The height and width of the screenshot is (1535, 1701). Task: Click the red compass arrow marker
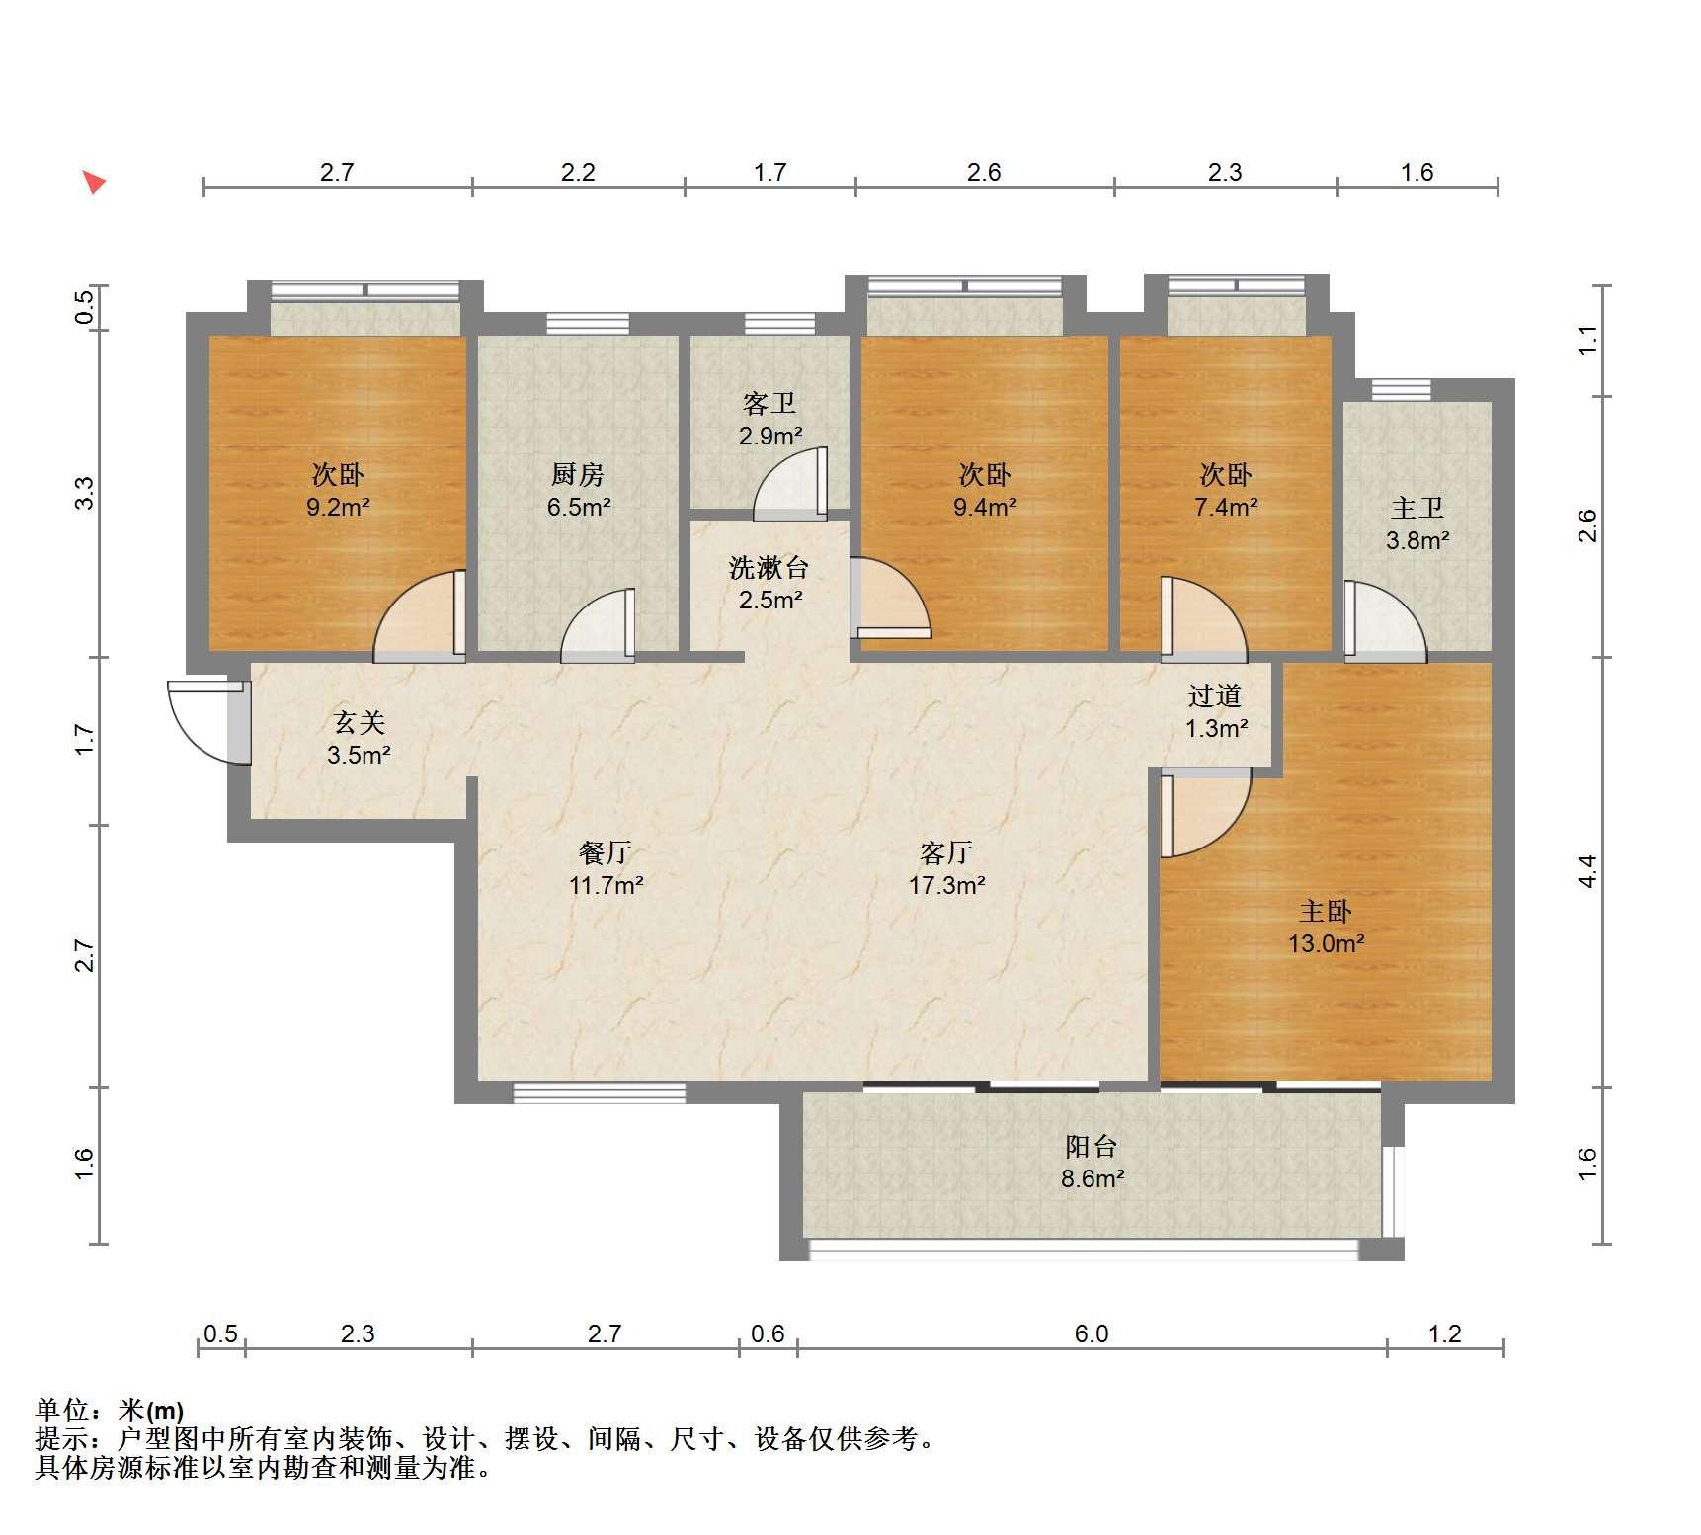[x=94, y=182]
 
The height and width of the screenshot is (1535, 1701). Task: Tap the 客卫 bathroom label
[x=769, y=403]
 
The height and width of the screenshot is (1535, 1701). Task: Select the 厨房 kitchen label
[x=578, y=475]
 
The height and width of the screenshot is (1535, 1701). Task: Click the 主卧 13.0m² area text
[x=1326, y=943]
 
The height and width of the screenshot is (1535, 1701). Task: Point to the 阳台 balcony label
[x=1092, y=1146]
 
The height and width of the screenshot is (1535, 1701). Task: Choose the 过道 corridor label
[x=1215, y=695]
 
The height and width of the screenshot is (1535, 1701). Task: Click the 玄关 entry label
[x=359, y=723]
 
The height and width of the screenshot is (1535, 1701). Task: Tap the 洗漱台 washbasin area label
[x=769, y=567]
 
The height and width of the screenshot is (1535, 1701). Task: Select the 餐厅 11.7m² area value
[x=606, y=885]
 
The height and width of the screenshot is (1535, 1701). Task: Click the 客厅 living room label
[x=946, y=851]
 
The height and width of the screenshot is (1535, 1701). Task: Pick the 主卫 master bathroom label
[x=1417, y=508]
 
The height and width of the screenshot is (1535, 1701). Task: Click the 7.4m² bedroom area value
[x=1226, y=508]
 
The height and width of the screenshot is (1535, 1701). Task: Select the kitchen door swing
[x=598, y=625]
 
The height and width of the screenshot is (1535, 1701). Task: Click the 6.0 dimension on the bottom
[x=1092, y=1334]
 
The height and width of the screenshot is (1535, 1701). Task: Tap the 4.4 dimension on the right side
[x=1587, y=871]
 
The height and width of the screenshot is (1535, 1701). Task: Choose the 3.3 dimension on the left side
[x=85, y=493]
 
